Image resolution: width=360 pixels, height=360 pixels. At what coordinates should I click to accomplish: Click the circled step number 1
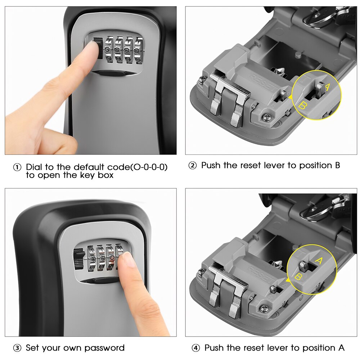coord(17,168)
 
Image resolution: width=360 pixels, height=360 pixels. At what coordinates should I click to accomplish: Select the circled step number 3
coord(17,348)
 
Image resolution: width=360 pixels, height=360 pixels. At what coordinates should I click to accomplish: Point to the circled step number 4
coord(195,348)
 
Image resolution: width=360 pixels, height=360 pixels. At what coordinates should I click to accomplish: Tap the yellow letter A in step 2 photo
coord(327,86)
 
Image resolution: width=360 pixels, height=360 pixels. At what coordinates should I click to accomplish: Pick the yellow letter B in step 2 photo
coord(303,105)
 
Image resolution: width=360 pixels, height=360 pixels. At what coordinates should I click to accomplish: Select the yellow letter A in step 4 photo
coord(318,260)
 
